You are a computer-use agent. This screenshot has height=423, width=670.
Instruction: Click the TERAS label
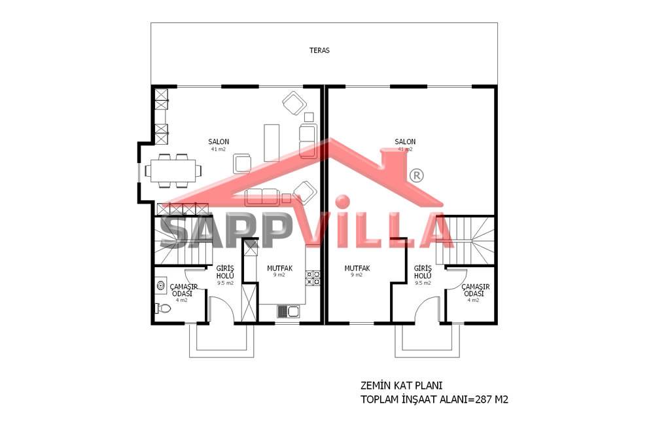(x=319, y=50)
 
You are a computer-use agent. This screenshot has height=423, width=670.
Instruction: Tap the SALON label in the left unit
(x=219, y=141)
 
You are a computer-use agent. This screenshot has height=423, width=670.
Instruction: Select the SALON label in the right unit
(x=404, y=141)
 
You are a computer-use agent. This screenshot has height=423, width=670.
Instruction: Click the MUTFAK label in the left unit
(x=279, y=268)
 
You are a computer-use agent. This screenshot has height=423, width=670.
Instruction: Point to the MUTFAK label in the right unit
(x=357, y=268)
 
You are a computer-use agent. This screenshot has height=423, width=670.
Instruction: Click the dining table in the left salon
(x=173, y=170)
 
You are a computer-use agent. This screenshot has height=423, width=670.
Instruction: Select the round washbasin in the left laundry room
(x=161, y=285)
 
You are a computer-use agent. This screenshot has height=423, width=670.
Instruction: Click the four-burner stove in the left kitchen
(x=313, y=278)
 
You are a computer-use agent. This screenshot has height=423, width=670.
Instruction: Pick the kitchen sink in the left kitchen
(x=288, y=312)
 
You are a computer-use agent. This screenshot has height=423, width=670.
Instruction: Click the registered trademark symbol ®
(x=417, y=175)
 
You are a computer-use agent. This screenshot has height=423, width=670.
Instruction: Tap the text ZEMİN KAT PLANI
(x=395, y=386)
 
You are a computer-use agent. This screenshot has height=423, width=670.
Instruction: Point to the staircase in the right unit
(x=465, y=240)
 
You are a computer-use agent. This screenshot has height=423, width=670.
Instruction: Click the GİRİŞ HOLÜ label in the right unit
(x=423, y=272)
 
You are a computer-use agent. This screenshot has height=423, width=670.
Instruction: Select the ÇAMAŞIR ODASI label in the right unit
(x=475, y=291)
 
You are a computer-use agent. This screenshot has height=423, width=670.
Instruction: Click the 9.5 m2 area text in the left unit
(x=225, y=283)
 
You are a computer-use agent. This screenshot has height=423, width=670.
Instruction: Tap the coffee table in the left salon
(x=272, y=143)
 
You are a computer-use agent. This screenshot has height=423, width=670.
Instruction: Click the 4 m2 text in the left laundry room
(x=182, y=301)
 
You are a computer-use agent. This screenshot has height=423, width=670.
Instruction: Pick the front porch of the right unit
(x=427, y=340)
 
